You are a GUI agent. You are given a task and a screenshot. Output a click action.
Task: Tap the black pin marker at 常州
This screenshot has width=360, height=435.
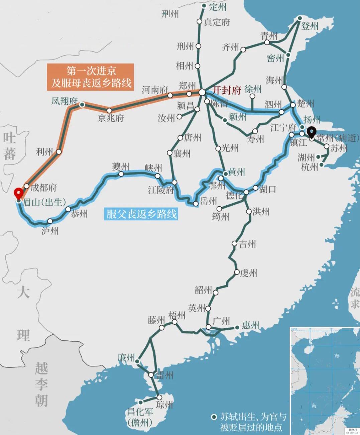(x=312, y=132)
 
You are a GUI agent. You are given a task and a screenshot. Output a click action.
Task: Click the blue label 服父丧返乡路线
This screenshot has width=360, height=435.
(x=141, y=214)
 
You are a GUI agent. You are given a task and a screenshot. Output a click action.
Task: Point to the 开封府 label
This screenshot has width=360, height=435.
(x=227, y=90)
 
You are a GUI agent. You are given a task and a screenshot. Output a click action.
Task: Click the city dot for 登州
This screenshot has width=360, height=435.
(x=300, y=18)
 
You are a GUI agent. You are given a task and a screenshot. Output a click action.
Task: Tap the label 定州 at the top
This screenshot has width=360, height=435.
(x=218, y=7)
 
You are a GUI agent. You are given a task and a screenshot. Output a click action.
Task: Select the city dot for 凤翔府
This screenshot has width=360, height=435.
(x=82, y=105)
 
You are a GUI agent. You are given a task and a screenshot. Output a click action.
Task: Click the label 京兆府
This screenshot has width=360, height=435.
(x=111, y=118)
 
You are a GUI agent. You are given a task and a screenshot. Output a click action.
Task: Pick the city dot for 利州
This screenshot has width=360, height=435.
(x=59, y=152)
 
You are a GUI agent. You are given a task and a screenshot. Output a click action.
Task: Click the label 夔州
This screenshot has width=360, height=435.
(x=120, y=167)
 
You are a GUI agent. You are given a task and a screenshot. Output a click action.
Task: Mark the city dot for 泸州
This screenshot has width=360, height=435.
(x=50, y=221)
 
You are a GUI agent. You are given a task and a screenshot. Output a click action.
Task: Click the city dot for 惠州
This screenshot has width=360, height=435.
(x=237, y=327)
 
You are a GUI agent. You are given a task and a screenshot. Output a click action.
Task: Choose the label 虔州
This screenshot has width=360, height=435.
(x=249, y=273)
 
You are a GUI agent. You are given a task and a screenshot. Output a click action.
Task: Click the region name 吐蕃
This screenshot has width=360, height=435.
(x=9, y=146)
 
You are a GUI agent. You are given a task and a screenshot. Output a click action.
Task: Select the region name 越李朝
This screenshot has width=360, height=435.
(x=41, y=385)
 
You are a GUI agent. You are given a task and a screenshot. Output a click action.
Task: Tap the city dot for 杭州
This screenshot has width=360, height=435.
(x=322, y=165)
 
